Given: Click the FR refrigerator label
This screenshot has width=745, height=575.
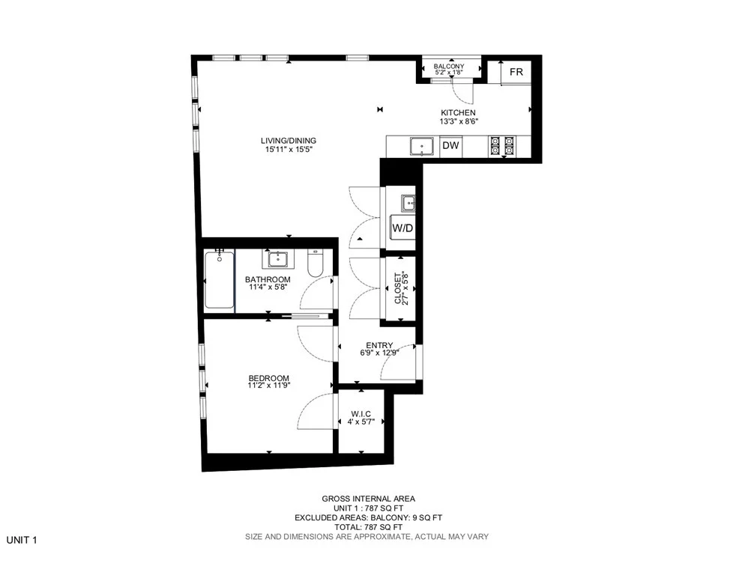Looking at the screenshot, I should click(x=516, y=72).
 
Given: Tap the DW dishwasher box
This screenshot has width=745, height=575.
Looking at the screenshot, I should click(x=450, y=146).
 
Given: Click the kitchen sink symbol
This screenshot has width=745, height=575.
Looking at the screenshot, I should click(x=421, y=146).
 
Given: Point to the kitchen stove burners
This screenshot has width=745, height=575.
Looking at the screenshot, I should click(x=503, y=145).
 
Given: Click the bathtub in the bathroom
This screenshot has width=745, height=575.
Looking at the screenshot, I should click(x=220, y=282).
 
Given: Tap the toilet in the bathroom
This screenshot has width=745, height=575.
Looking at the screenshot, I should click(x=315, y=264).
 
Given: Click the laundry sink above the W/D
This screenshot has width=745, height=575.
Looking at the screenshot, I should click(x=408, y=202).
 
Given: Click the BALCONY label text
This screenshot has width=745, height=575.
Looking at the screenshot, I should click(x=449, y=67).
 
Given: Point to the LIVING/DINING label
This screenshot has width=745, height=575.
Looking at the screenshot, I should click(x=289, y=140).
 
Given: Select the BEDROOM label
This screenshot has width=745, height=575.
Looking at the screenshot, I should click(x=268, y=378).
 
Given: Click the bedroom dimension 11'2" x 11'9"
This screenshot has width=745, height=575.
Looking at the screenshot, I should click(x=268, y=386).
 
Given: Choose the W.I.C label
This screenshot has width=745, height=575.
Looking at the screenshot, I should click(x=361, y=413).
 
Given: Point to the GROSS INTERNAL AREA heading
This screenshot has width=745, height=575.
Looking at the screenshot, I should click(x=368, y=499).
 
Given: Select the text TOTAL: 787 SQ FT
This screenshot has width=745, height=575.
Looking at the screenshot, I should click(x=368, y=527).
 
